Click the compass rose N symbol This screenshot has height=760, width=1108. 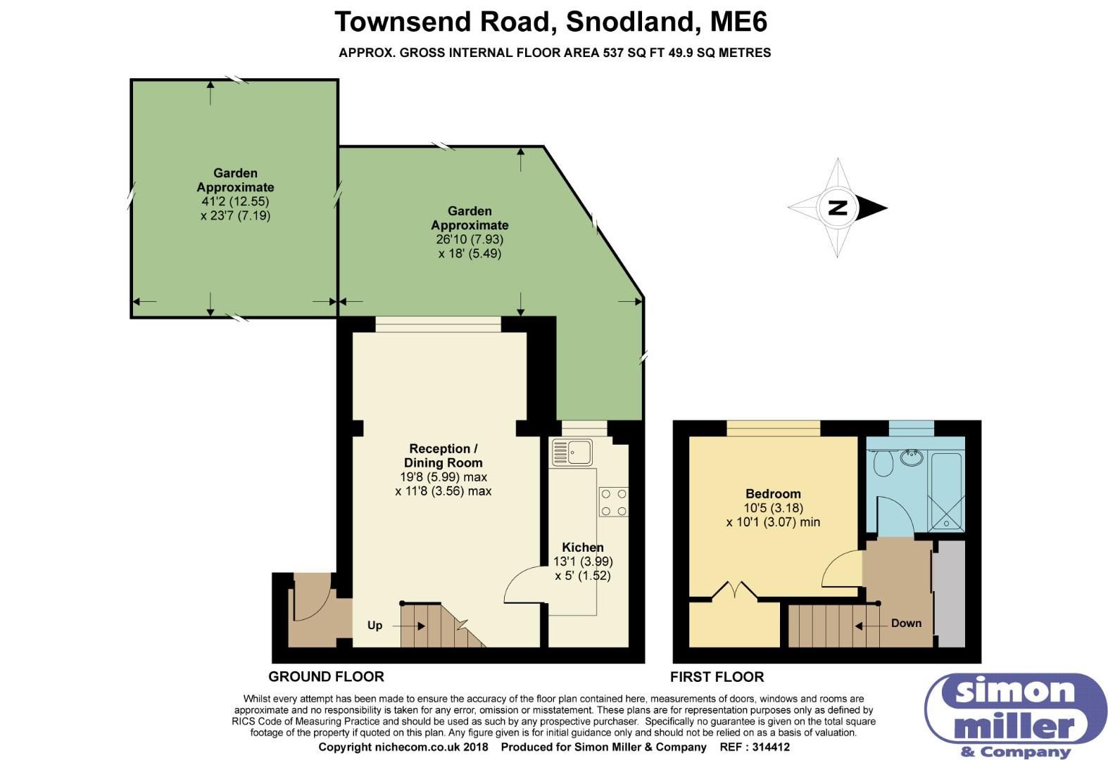click(838, 208)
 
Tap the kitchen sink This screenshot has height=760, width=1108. click(572, 452)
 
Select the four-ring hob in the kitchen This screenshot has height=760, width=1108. click(613, 502)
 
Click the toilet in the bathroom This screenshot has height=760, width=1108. click(883, 464)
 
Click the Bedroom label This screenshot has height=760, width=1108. click(773, 493)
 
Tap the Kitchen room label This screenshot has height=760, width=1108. click(583, 547)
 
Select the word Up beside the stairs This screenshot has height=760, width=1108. click(374, 626)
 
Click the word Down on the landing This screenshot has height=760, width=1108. click(906, 623)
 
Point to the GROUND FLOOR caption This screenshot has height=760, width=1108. click(326, 677)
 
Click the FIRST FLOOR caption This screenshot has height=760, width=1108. click(717, 677)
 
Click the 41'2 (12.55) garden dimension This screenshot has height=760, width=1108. click(235, 201)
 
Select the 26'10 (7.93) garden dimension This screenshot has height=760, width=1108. click(470, 239)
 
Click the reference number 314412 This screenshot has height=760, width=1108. click(769, 747)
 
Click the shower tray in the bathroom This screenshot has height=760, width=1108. click(945, 493)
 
